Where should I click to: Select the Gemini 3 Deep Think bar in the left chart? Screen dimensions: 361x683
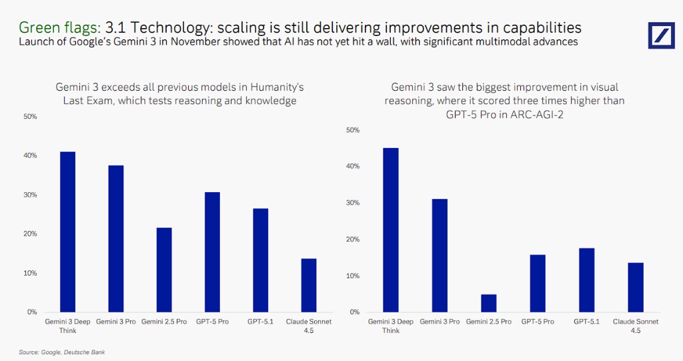tap(67, 232)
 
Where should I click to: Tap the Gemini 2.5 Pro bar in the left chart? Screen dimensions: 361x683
tap(164, 270)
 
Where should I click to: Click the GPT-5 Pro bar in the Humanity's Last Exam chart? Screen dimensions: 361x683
tap(212, 252)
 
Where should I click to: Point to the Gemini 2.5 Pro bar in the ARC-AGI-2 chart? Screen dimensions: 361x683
tap(488, 303)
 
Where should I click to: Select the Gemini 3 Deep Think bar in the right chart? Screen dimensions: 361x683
tap(390, 230)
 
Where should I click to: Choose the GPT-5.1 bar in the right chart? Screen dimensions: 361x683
tap(586, 280)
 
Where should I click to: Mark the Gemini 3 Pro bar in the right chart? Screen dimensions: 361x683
tap(440, 255)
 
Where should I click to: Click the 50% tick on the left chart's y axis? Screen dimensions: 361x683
tap(30, 117)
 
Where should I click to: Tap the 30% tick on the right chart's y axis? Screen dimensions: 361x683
tap(354, 203)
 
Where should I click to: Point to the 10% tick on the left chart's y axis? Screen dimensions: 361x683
tap(30, 273)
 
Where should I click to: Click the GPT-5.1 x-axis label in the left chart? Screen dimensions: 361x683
tap(261, 322)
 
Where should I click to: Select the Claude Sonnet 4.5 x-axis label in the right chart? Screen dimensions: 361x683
tap(635, 325)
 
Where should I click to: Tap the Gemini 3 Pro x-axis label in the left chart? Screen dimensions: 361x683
tap(116, 322)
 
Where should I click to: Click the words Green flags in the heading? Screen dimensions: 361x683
tap(59, 27)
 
